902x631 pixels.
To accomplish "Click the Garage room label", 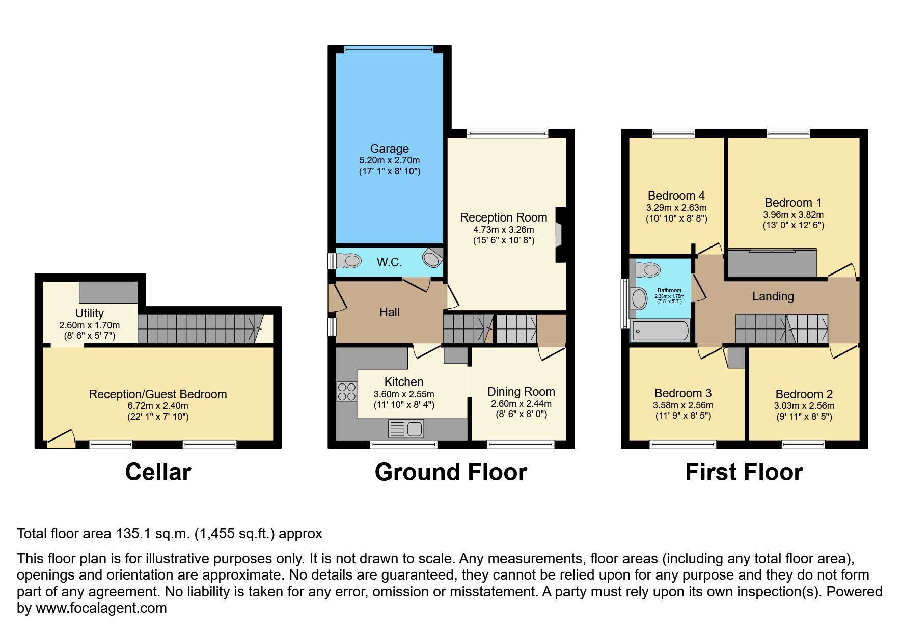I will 389,149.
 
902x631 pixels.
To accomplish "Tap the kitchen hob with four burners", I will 347,392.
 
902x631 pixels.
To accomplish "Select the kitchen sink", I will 406,429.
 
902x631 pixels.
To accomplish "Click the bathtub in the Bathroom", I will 660,331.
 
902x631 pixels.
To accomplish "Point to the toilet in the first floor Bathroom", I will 647,269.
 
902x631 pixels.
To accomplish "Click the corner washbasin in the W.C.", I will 432,258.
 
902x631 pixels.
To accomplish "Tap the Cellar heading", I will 158,472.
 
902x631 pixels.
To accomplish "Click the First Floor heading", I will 744,472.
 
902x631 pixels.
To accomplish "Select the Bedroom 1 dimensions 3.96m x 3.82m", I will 793,215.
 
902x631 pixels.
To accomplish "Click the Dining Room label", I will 521,392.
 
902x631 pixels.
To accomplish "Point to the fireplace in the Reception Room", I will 559,234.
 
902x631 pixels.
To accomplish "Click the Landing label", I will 773,296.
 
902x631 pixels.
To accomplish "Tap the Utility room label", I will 90,313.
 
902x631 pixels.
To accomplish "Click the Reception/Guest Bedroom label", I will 158,394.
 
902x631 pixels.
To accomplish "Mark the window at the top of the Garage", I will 389,49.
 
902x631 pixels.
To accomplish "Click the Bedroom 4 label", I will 676,196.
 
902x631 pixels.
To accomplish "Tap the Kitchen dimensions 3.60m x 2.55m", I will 404,394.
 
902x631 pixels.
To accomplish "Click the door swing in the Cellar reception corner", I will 61,439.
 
